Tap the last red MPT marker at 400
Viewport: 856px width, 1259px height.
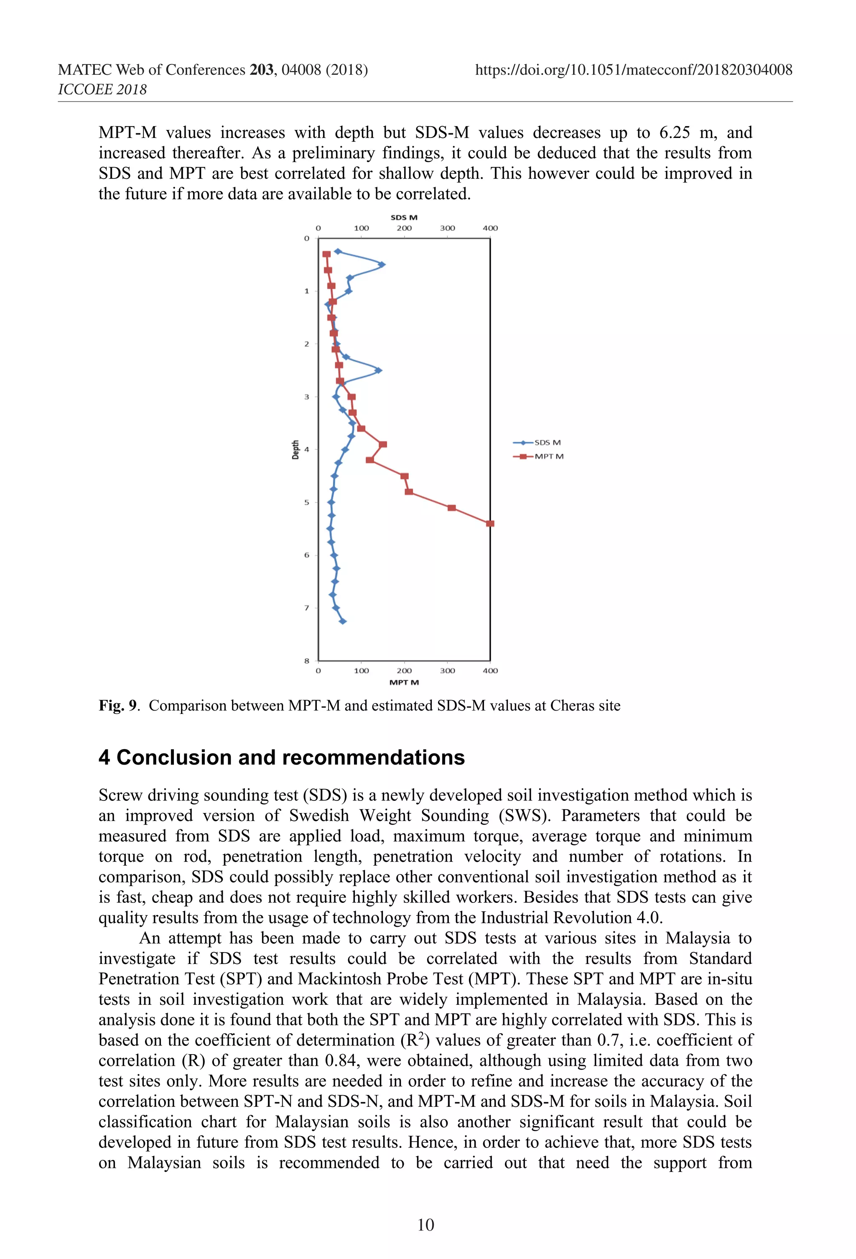490,523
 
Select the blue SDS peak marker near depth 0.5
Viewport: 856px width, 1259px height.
382,264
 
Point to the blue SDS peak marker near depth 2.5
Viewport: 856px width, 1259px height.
379,370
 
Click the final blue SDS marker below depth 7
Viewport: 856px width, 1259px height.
342,622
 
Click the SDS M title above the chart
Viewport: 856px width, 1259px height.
404,217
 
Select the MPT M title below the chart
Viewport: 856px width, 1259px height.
404,683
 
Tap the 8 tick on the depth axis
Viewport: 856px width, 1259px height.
307,661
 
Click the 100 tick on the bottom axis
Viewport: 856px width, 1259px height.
362,670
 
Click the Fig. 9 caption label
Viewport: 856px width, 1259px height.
118,706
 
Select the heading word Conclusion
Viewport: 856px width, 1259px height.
174,757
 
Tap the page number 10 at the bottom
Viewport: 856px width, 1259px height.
425,1225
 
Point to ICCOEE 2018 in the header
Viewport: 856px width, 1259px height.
102,89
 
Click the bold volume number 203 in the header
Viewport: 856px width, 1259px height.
261,70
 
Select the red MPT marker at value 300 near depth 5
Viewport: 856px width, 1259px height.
451,507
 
